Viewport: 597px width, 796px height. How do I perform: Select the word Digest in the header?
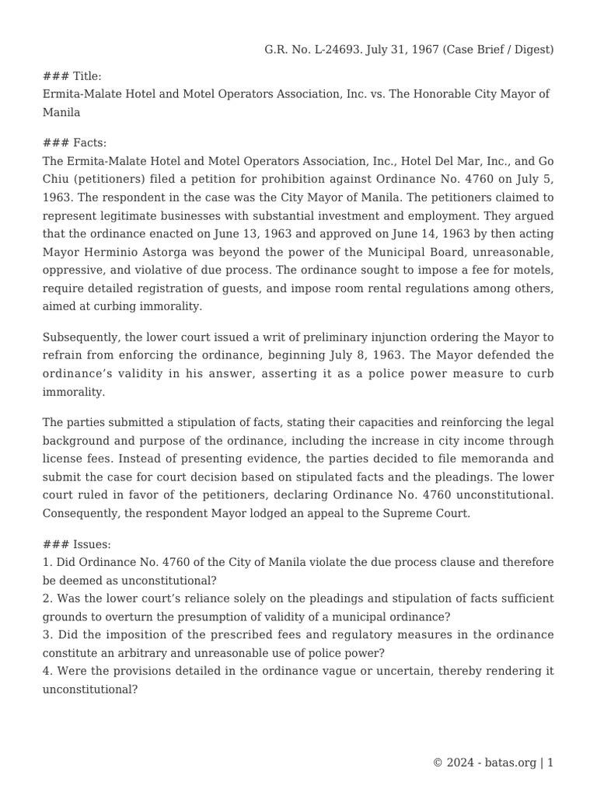(x=529, y=50)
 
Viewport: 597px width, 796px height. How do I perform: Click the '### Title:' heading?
(x=72, y=76)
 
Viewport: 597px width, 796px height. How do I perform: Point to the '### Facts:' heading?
(x=75, y=143)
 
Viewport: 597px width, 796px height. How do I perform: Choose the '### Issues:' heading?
(x=76, y=544)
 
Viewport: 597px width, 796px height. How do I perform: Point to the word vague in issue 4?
(x=315, y=670)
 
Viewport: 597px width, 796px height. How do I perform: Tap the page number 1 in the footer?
(x=550, y=763)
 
